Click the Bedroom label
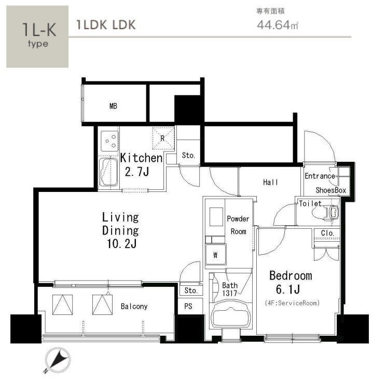291,275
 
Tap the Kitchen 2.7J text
141,164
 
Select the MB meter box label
113,106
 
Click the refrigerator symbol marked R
163,138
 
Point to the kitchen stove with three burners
109,141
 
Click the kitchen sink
108,172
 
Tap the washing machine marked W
216,255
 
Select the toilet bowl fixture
325,212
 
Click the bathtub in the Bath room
231,314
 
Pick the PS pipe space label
188,306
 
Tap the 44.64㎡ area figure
278,25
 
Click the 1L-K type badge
37,36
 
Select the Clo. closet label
327,233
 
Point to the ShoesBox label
330,190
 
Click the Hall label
270,182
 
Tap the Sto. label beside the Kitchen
188,155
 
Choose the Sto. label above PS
191,291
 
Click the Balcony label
134,306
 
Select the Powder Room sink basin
216,217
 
